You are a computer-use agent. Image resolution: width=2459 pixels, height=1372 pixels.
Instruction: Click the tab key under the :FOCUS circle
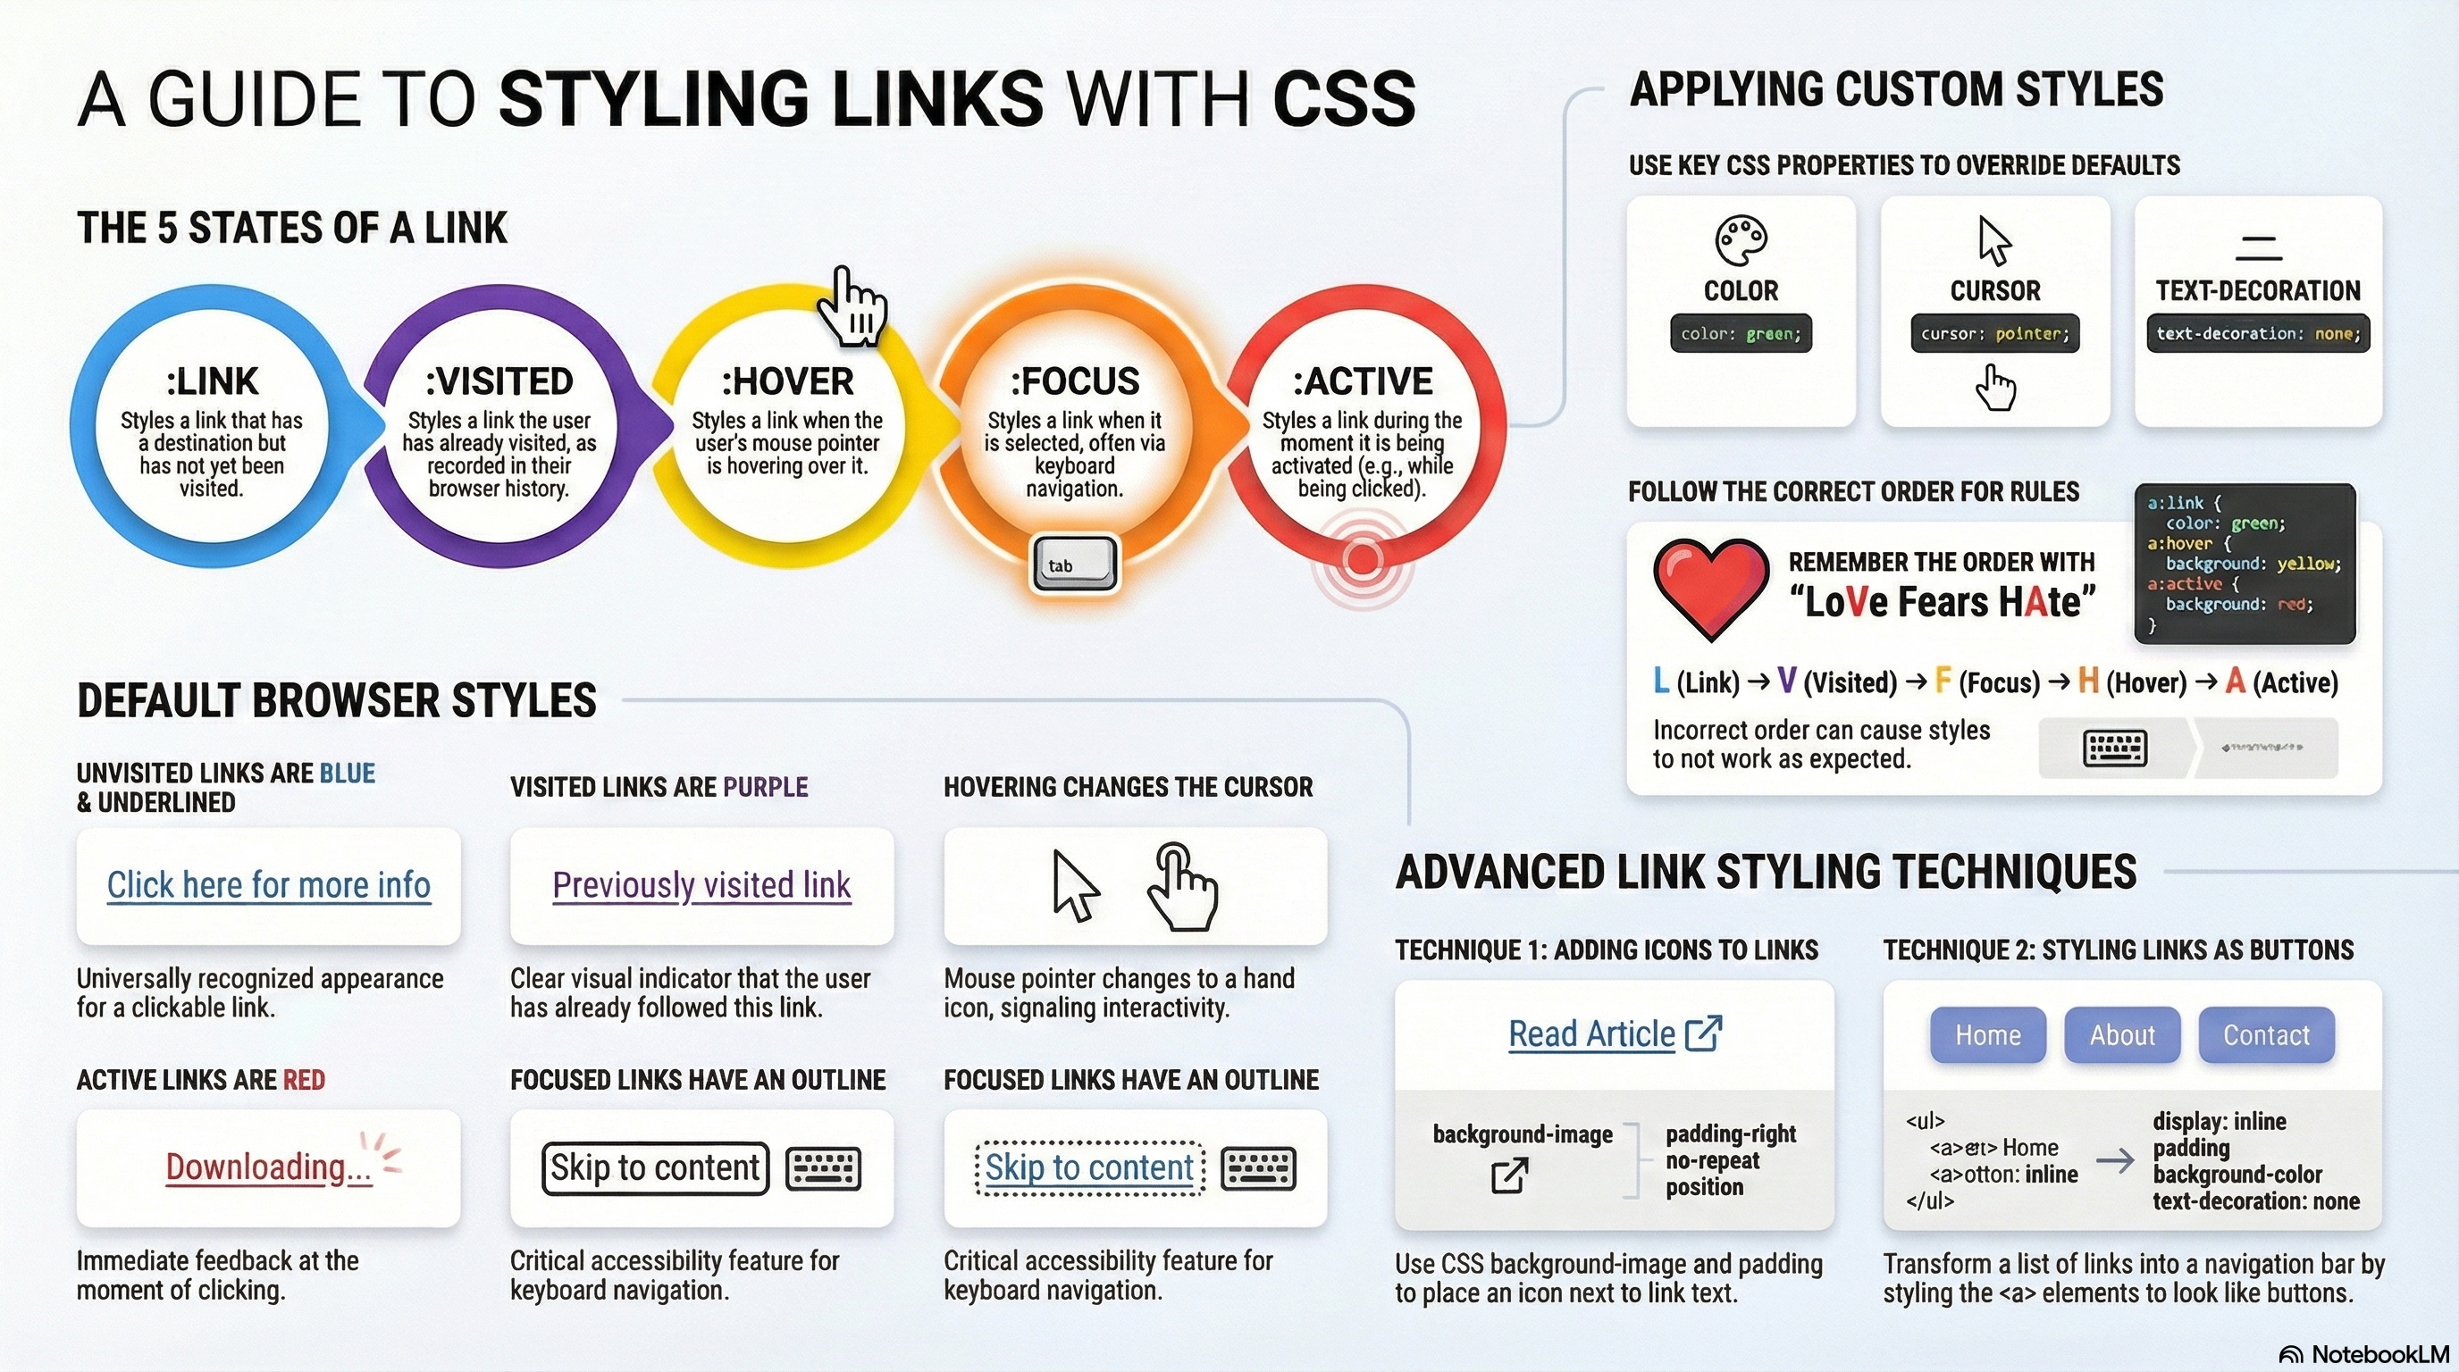(1074, 564)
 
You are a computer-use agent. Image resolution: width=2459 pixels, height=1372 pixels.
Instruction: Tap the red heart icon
(1709, 587)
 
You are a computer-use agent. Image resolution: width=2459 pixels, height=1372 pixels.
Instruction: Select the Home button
(1987, 1035)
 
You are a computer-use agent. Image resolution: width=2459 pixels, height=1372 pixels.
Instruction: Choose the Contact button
(2266, 1035)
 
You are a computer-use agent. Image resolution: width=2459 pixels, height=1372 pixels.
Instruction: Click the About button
(2122, 1035)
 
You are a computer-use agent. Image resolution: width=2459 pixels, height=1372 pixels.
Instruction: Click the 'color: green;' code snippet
(1741, 334)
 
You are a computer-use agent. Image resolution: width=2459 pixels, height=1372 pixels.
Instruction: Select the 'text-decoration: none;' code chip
(2258, 334)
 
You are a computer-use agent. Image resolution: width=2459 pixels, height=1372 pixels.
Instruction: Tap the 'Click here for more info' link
(268, 885)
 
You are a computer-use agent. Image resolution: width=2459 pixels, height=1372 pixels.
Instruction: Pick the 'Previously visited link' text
(701, 885)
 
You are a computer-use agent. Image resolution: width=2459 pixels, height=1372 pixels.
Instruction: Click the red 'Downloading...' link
(268, 1167)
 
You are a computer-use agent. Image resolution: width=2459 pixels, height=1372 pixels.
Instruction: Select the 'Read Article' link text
(1591, 1034)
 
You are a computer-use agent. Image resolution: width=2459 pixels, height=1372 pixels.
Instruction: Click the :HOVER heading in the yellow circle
(786, 381)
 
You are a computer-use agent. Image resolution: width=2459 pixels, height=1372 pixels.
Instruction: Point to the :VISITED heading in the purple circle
(499, 381)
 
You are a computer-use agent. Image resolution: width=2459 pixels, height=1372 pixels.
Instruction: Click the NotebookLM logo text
(2379, 1355)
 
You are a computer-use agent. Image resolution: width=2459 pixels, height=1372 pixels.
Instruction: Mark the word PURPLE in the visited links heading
(765, 787)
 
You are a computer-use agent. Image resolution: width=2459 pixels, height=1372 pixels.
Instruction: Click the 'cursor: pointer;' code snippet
(1994, 334)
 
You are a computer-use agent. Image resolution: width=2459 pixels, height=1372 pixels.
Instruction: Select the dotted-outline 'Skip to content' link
(1089, 1167)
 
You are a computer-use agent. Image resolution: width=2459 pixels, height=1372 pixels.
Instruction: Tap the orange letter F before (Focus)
(1942, 682)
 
